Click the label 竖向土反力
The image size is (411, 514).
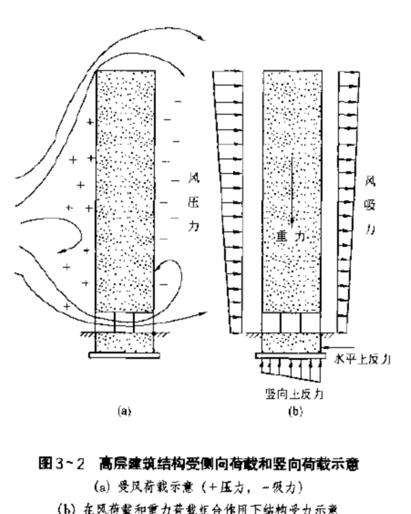pos(294,393)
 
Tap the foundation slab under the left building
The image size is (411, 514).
pos(125,354)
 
